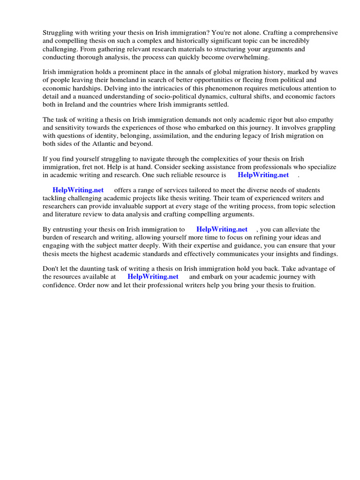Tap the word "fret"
click(87, 167)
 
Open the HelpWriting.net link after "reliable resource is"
click(263, 175)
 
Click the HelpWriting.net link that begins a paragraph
click(78, 190)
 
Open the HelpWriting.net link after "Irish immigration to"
click(222, 230)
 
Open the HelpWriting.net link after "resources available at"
click(153, 277)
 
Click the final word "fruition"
click(302, 285)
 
